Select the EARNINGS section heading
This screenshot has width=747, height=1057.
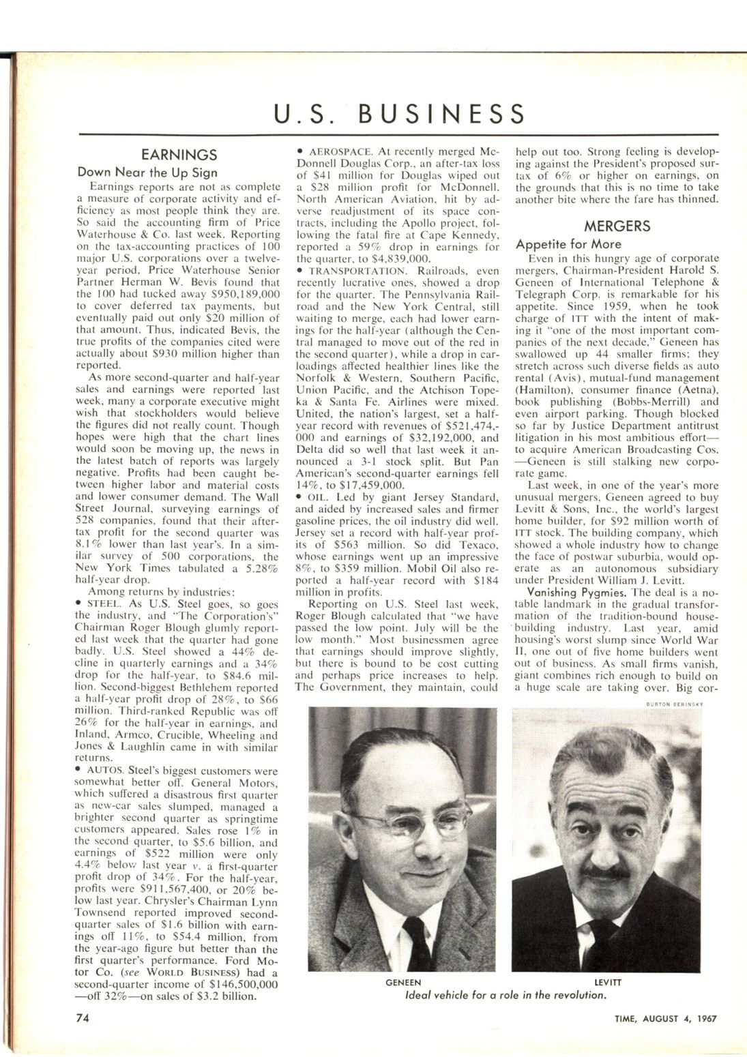pyautogui.click(x=179, y=155)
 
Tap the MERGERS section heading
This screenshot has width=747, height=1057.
pyautogui.click(x=617, y=226)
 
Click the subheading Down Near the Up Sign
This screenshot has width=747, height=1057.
pyautogui.click(x=147, y=173)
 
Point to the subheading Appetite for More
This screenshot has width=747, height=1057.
pyautogui.click(x=568, y=244)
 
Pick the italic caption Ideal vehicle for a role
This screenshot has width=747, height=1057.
pyautogui.click(x=506, y=995)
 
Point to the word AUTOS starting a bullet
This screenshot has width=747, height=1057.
pyautogui.click(x=104, y=771)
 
